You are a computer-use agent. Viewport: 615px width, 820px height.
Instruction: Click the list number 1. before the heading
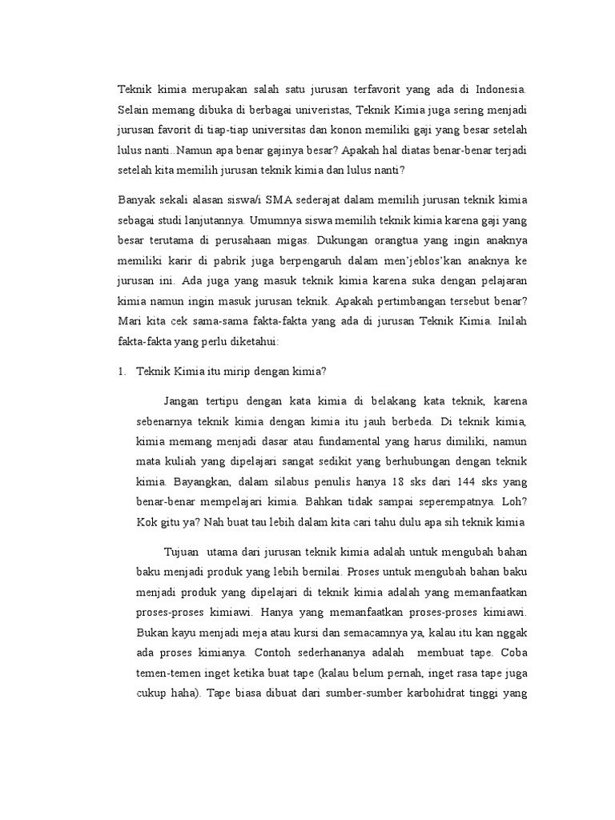coord(123,372)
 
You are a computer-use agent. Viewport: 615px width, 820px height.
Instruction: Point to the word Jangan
coord(183,400)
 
